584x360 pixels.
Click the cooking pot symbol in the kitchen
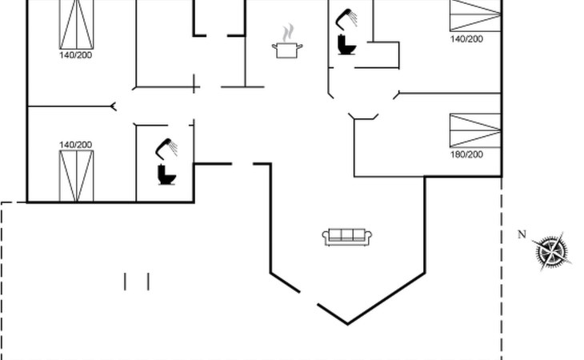[x=287, y=50]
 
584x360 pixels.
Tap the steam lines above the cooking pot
[x=287, y=33]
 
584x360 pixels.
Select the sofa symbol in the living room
[x=348, y=237]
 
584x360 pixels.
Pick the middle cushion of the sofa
[x=348, y=235]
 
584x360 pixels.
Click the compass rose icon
[x=551, y=252]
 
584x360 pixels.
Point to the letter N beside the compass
[x=522, y=234]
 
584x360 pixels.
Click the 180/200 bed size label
[x=466, y=154]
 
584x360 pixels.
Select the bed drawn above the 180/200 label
[x=475, y=130]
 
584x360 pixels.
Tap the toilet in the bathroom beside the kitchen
[x=346, y=45]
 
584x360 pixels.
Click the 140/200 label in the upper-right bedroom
[x=466, y=38]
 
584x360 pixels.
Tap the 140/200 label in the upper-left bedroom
[x=76, y=55]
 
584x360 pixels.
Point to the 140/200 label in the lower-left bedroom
[x=76, y=145]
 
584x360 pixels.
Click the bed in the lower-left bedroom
[x=76, y=175]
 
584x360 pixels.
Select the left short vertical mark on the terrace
[x=126, y=282]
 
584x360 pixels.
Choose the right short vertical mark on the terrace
[x=148, y=282]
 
